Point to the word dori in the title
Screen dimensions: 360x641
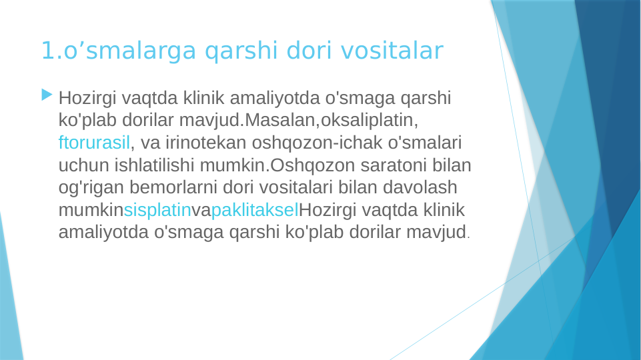tap(310, 51)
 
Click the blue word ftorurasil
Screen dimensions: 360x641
tap(94, 143)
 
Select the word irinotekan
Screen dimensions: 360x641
tap(214, 143)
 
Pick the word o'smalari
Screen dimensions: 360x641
tap(426, 143)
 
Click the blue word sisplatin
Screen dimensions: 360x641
tap(157, 211)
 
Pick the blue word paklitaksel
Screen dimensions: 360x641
tap(255, 211)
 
